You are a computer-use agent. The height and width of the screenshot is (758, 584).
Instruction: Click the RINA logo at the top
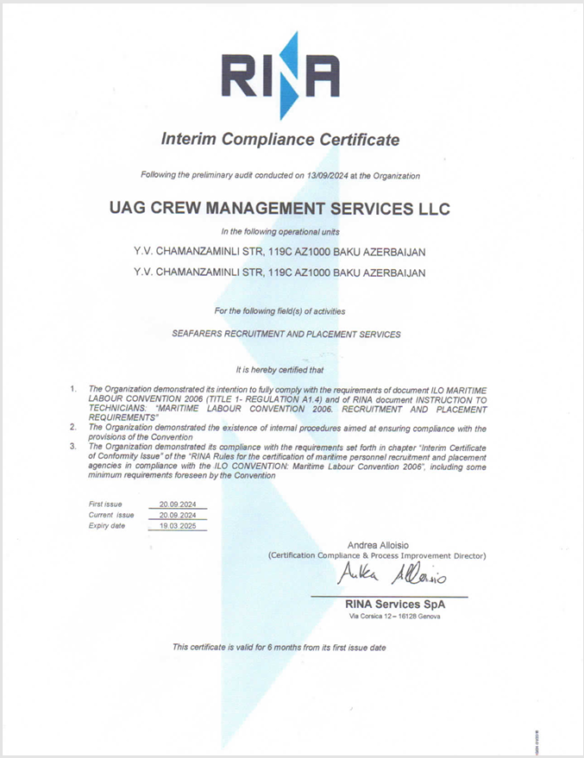point(279,76)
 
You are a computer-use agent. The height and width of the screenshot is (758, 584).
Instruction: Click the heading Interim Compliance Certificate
point(280,140)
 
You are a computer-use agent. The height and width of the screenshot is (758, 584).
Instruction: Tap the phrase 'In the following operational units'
point(280,231)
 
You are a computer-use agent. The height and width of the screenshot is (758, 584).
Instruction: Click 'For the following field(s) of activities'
point(280,310)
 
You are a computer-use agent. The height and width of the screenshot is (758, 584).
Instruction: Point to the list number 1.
point(73,390)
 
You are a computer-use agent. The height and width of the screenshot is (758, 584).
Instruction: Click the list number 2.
point(73,427)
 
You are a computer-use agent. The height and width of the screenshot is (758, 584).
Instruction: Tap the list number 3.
point(73,446)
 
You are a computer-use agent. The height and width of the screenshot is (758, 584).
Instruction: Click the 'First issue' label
point(105,503)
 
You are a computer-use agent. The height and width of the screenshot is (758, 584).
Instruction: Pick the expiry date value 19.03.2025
point(177,525)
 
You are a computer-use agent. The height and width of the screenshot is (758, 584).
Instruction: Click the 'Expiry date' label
point(107,525)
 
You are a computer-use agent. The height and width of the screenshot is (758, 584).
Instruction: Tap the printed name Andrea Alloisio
point(377,545)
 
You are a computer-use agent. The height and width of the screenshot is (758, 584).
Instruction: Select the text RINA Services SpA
point(395,604)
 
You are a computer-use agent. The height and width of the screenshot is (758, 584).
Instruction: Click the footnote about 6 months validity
point(279,647)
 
